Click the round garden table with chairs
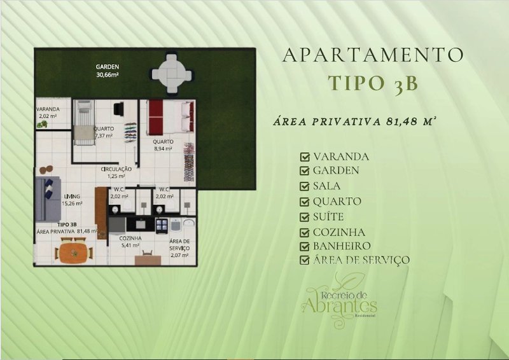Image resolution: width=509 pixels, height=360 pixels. (x=171, y=72)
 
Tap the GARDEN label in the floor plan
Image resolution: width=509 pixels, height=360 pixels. (x=108, y=67)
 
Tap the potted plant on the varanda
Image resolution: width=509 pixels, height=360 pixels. (x=43, y=125)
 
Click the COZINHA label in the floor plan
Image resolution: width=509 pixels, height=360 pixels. (x=130, y=238)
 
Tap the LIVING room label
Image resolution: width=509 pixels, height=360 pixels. (x=71, y=197)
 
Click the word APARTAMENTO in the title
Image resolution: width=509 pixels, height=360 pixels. (x=373, y=55)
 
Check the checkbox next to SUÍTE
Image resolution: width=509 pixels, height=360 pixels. (x=305, y=217)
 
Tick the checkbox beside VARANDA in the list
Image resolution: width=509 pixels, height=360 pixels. (x=305, y=156)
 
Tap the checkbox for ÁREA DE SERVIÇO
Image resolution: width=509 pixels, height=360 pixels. (x=305, y=260)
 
